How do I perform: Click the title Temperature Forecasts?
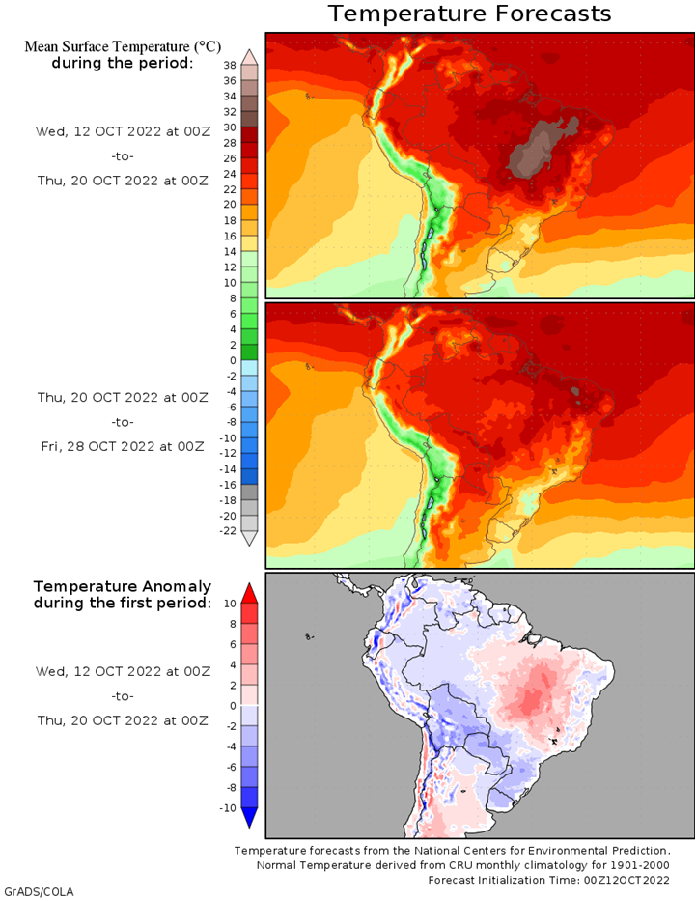click(x=469, y=14)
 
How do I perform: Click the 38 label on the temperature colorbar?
click(x=230, y=66)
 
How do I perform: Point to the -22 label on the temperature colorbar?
click(x=228, y=531)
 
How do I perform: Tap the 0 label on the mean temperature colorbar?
click(x=233, y=360)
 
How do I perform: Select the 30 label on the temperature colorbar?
click(x=230, y=127)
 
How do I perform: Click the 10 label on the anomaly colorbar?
click(x=230, y=604)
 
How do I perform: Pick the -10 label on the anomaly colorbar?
click(x=228, y=808)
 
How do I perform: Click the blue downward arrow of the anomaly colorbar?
click(x=249, y=818)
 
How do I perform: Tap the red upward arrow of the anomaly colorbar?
click(x=249, y=593)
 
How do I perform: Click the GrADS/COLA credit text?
click(x=39, y=892)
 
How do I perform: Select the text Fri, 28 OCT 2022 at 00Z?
click(x=123, y=446)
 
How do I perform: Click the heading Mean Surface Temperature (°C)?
click(x=123, y=46)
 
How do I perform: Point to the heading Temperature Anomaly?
click(x=123, y=587)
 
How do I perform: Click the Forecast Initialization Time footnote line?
click(x=548, y=880)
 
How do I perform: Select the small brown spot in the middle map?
click(x=576, y=392)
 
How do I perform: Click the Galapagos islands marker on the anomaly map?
click(x=310, y=636)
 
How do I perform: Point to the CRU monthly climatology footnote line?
click(x=462, y=865)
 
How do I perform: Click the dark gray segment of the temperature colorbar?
click(x=249, y=493)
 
